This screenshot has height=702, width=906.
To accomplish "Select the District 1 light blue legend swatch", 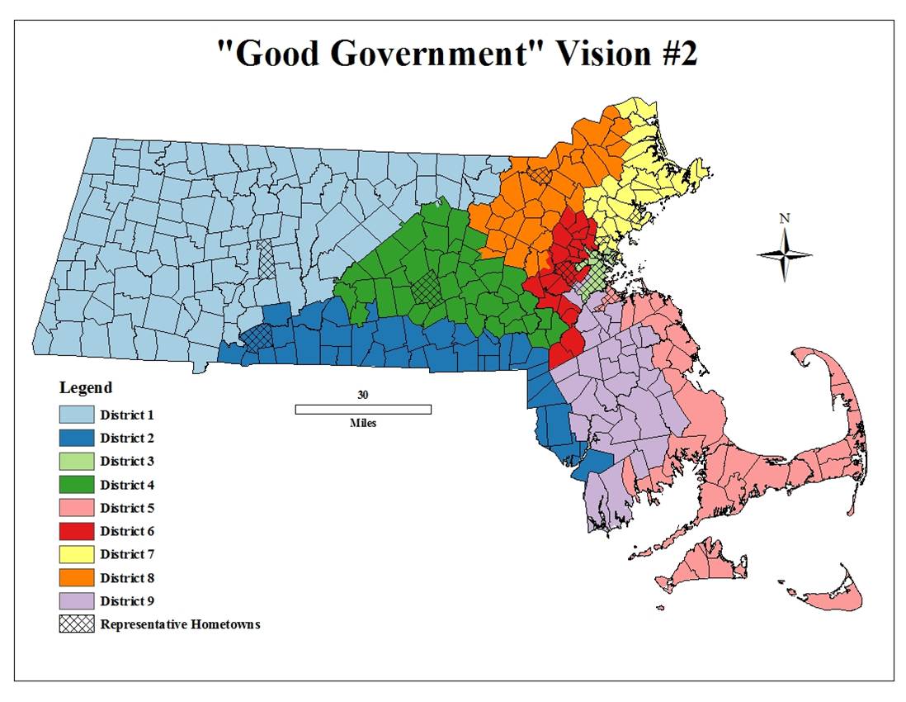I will tap(76, 415).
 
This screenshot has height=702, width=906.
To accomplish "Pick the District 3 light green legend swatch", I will tap(76, 461).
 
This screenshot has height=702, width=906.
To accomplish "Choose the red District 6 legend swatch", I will tap(76, 531).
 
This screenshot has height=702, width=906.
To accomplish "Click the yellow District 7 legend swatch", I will tap(76, 554).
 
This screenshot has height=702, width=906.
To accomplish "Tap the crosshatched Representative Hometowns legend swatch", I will tap(76, 624).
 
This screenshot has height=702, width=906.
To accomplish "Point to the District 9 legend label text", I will tap(127, 601).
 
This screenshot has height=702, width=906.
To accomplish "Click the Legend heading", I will tap(86, 387).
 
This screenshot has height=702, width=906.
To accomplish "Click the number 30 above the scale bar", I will tap(362, 395).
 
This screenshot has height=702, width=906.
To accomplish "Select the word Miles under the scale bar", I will tap(362, 423).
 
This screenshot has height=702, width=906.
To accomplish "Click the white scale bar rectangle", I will tap(363, 409).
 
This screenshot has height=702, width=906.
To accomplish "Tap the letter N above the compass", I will tap(785, 219).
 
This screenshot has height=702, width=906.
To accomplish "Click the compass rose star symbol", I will tap(785, 255).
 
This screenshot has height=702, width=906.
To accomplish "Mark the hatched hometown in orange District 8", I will tap(540, 175).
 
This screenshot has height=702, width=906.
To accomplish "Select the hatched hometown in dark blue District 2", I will tap(257, 335).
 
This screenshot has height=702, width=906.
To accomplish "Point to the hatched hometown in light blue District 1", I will tap(267, 260).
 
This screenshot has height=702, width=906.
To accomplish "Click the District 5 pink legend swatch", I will tap(76, 508).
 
